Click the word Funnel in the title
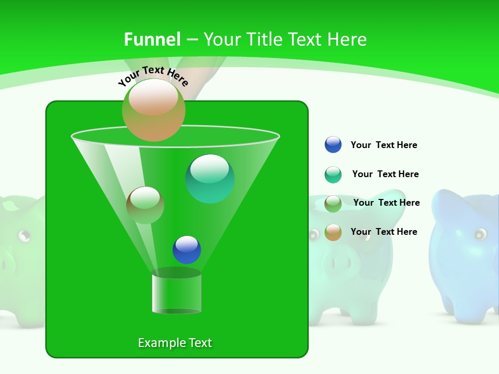[x=152, y=39]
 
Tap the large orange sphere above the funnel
[x=153, y=110]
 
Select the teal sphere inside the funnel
[x=209, y=179]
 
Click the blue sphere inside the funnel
[x=187, y=249]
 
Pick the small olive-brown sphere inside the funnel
[x=145, y=205]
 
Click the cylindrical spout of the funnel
[x=176, y=293]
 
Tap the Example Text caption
[x=175, y=343]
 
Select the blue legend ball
[x=333, y=144]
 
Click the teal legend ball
[x=333, y=175]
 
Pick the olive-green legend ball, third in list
[x=333, y=204]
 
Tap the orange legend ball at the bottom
[x=333, y=232]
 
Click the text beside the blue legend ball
[x=384, y=145]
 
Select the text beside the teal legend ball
[x=385, y=174]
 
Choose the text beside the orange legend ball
[x=384, y=232]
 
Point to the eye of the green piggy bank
[x=23, y=236]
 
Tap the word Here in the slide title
[x=347, y=39]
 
